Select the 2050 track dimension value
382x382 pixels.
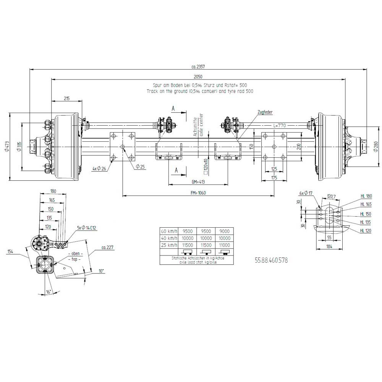tap(197, 76)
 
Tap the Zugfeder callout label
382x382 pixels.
tap(265, 112)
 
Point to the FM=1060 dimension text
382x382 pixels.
tap(198, 193)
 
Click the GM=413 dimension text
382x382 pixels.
tap(198, 182)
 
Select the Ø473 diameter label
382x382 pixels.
tap(6, 146)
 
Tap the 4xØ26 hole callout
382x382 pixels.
tap(99, 168)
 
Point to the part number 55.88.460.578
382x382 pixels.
tap(271, 261)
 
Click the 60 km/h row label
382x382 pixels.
tap(169, 231)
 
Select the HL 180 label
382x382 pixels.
tap(366, 196)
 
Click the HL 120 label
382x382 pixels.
tap(366, 231)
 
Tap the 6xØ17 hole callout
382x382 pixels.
tap(306, 193)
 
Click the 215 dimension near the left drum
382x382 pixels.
tap(66, 99)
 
